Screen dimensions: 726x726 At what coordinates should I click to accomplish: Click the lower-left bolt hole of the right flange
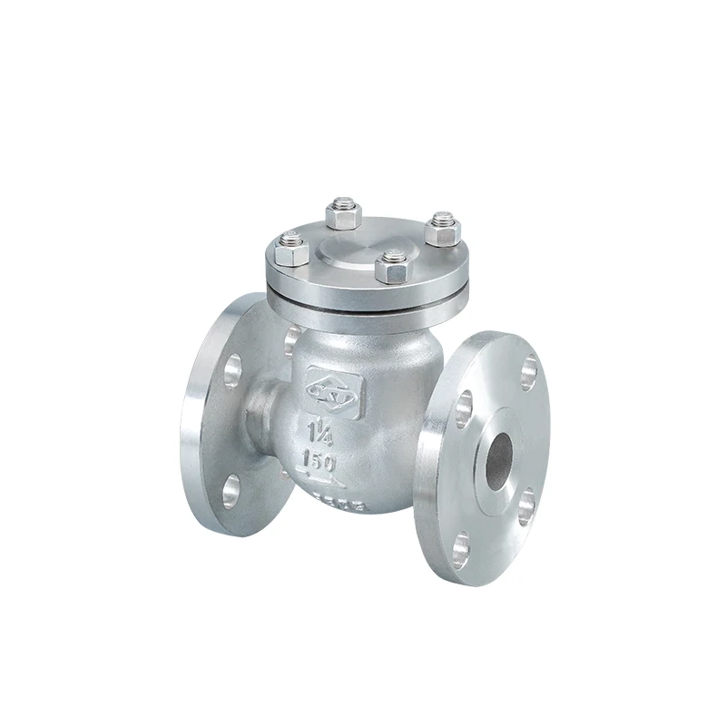[x=463, y=544]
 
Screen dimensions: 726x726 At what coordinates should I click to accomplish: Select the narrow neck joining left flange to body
[x=264, y=408]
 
